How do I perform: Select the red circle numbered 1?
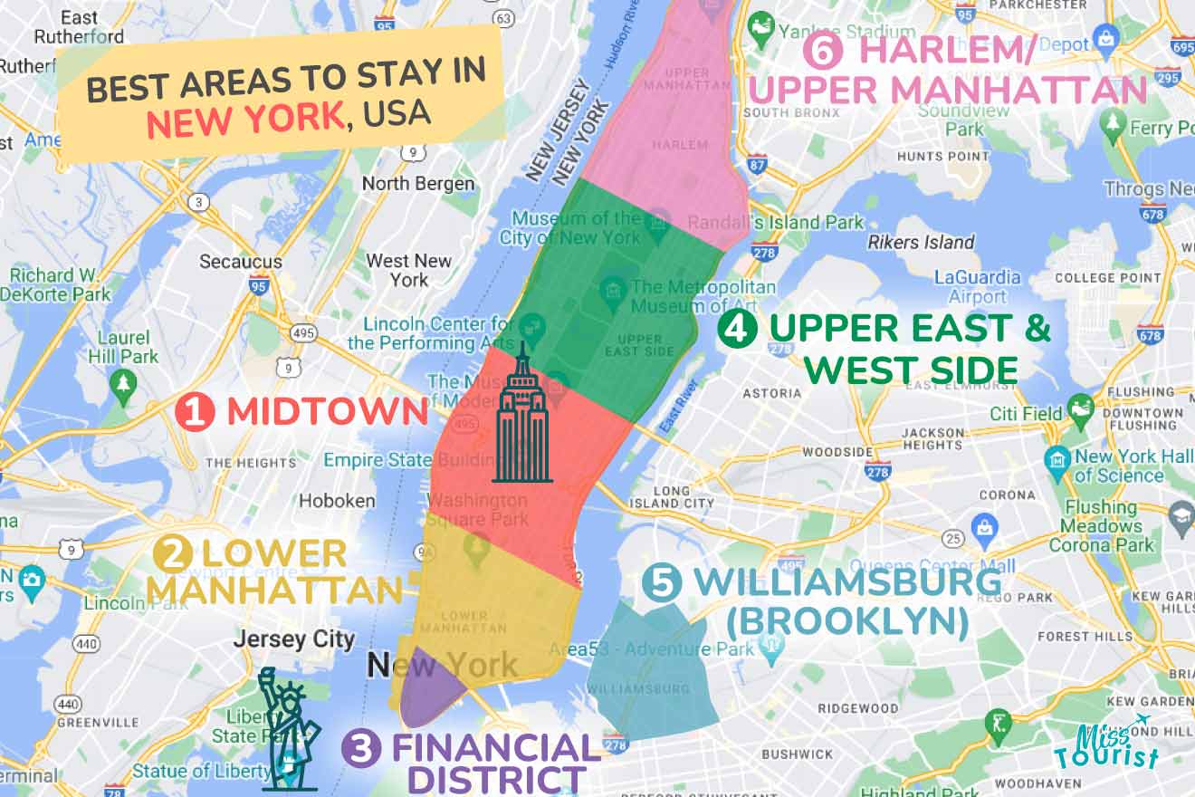pos(195,413)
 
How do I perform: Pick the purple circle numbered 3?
pos(361,750)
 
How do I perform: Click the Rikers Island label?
pos(921,242)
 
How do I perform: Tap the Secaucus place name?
pos(241,262)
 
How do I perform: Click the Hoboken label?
pos(337,500)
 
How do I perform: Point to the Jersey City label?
pos(294,639)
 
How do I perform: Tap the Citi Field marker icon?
pos(1080,408)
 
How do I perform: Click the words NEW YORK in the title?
pos(244,120)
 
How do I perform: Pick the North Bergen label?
pos(418,183)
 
